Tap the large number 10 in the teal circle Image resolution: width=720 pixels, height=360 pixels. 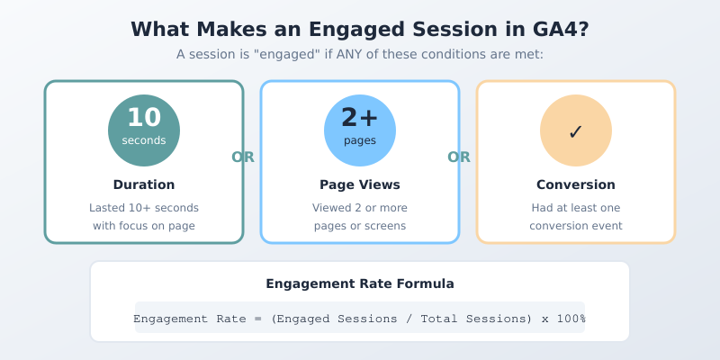click(x=144, y=118)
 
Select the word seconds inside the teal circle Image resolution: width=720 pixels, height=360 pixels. click(x=144, y=140)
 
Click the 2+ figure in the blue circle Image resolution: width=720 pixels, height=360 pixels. click(x=360, y=118)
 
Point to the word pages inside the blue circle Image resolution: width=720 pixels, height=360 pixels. click(x=360, y=140)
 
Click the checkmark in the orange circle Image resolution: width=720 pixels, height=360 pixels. click(x=576, y=132)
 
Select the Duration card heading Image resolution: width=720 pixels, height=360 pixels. click(x=144, y=184)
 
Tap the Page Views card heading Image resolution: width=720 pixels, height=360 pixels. click(x=360, y=184)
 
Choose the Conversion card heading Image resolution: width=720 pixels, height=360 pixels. click(x=576, y=184)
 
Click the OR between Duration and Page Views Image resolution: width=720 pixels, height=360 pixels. click(x=243, y=157)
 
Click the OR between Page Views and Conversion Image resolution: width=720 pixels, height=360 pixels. click(x=459, y=157)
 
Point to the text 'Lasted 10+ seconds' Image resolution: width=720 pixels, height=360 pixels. click(x=144, y=208)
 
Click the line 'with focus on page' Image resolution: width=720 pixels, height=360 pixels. click(x=144, y=226)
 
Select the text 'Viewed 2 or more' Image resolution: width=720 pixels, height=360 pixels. click(x=360, y=208)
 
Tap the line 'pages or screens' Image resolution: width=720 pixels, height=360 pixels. click(x=360, y=226)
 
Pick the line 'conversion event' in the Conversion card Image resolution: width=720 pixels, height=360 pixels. click(x=576, y=226)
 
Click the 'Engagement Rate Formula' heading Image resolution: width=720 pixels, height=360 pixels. click(x=360, y=283)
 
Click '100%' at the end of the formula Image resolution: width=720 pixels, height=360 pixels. click(x=570, y=319)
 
